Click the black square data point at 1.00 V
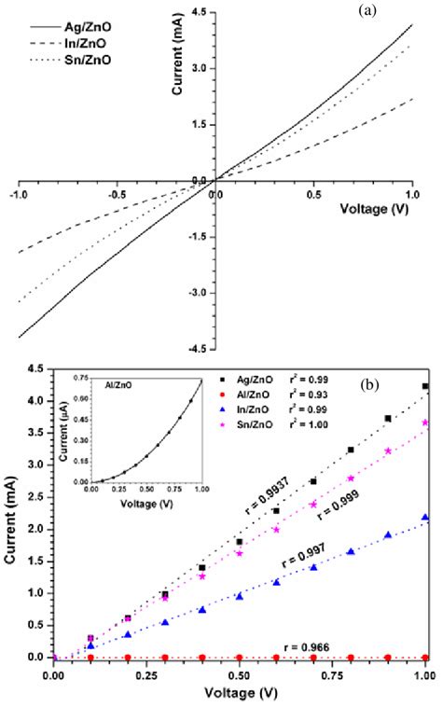pyautogui.click(x=425, y=386)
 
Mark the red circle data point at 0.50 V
pyautogui.click(x=240, y=658)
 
